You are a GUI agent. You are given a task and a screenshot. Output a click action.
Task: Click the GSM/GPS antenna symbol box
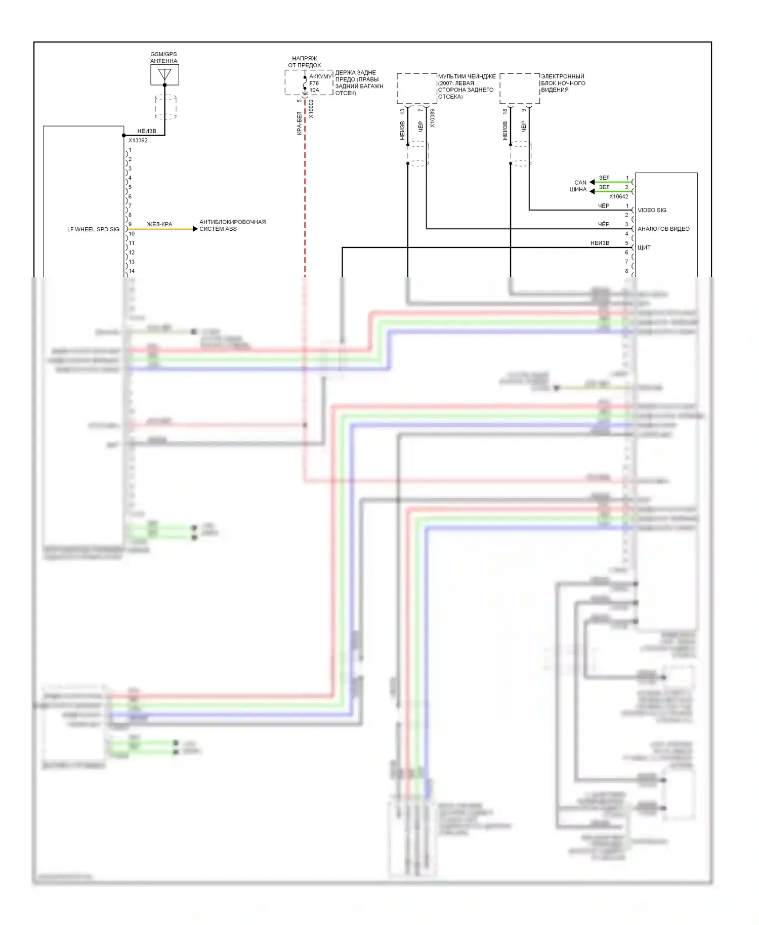click(164, 75)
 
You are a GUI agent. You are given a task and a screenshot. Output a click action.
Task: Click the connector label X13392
click(138, 141)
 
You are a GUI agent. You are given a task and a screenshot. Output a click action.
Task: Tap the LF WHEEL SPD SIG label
click(93, 229)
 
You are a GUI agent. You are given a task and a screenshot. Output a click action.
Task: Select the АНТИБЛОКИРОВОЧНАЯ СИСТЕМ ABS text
click(232, 226)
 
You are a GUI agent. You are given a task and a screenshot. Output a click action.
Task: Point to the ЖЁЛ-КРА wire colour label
click(159, 224)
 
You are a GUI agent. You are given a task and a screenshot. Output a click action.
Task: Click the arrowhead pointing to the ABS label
click(195, 229)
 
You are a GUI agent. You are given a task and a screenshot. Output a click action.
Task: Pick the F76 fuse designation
click(314, 83)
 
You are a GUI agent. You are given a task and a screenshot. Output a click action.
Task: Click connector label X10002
click(311, 109)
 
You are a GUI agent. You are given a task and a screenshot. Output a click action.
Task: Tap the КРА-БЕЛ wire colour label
click(299, 123)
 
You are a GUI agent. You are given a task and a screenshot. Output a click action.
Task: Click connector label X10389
click(432, 118)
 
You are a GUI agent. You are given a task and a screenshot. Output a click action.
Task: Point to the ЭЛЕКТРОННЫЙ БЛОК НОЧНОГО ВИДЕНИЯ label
click(563, 83)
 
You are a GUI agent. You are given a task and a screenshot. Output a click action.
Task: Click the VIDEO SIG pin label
click(652, 211)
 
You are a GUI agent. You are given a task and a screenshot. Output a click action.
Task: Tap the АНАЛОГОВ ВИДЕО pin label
click(663, 229)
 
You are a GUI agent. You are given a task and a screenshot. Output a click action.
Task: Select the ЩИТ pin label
click(644, 248)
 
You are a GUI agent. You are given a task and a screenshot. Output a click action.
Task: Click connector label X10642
click(618, 197)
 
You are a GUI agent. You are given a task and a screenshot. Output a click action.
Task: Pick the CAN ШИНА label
click(578, 186)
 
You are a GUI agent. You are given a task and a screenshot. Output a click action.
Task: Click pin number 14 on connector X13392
click(132, 271)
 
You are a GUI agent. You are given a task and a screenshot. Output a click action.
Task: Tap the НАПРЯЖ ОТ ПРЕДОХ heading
click(305, 62)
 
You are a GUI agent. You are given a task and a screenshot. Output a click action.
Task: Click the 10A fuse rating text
click(314, 91)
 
